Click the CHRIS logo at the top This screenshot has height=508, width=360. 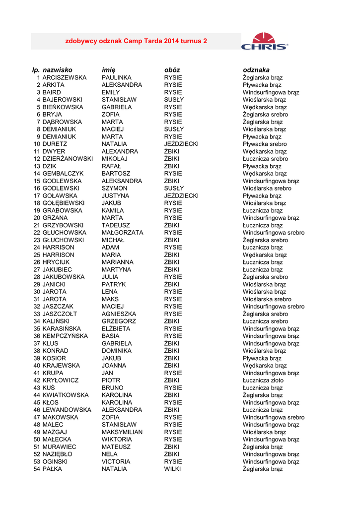(x=264, y=41)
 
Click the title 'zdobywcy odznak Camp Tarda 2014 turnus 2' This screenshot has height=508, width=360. (x=137, y=41)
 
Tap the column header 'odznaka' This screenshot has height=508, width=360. (x=256, y=70)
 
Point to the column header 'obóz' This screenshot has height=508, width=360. (x=172, y=70)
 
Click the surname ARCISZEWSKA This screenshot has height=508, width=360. (x=65, y=78)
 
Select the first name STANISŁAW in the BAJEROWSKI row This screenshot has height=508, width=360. (x=119, y=100)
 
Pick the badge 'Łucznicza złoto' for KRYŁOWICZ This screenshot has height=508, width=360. (x=263, y=381)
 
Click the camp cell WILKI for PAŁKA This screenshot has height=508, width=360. (x=173, y=469)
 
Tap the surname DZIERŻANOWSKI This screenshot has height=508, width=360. (x=68, y=159)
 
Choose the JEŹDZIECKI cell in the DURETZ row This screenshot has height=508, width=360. (x=181, y=144)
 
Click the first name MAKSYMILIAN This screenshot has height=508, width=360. (x=122, y=432)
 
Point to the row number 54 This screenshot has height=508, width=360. (x=37, y=469)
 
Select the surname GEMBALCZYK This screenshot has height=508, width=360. (x=63, y=174)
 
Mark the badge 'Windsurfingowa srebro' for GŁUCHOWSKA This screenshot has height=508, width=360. (x=274, y=233)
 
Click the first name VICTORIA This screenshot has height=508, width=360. (x=116, y=461)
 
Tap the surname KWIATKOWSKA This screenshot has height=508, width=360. (x=66, y=395)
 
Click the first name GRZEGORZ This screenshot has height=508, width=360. (x=119, y=321)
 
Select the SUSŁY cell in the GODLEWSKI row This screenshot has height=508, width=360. (x=174, y=189)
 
